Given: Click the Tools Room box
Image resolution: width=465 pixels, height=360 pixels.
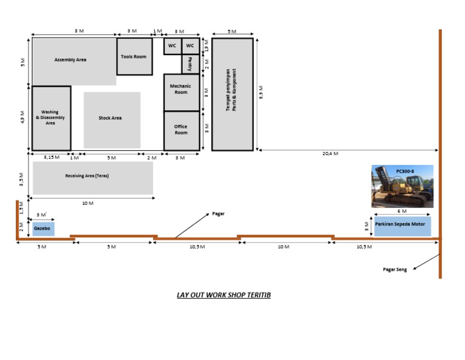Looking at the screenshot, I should pos(134,57).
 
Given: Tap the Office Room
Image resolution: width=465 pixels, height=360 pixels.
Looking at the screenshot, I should pos(181,130).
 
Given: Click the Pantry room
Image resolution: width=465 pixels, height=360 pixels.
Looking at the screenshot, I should pos(190,64).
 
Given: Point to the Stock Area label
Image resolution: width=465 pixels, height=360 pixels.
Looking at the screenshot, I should pos(110,118).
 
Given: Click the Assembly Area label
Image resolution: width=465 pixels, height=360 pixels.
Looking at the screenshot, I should pos(70,60).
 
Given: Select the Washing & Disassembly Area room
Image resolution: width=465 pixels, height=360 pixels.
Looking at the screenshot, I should pos(51,118).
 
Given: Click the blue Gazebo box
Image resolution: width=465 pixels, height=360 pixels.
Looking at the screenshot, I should pos(42,228).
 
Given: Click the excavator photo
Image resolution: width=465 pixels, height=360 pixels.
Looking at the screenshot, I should pos(403,187).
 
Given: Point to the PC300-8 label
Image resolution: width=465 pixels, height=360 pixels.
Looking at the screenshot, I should pos(405,171).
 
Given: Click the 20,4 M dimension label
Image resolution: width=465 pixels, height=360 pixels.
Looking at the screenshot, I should pos(330,154).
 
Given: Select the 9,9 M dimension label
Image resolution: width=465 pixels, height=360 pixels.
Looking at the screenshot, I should pos(261,92).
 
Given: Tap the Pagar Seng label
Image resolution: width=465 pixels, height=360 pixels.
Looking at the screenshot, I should pos(395,269).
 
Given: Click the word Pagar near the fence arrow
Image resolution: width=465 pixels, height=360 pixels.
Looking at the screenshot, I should pos(219,214).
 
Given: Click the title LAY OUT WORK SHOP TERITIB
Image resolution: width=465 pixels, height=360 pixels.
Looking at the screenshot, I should pos(224,295).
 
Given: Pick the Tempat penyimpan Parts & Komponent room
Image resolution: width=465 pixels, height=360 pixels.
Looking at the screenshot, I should pos(232,93).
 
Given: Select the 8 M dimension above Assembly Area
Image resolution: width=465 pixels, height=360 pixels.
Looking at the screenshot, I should pos(75,30).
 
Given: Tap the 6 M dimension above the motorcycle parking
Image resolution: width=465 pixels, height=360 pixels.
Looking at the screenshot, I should pos(402,211).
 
